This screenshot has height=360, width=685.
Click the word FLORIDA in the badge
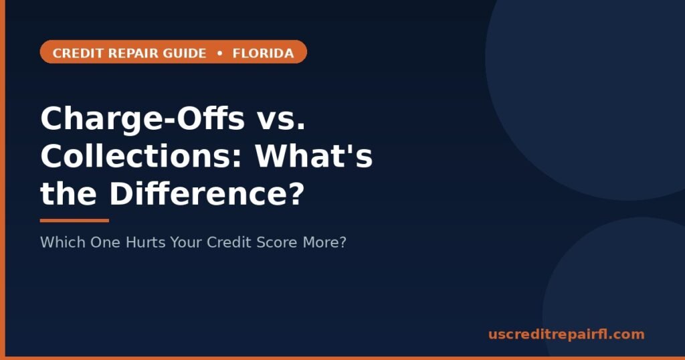pyautogui.click(x=263, y=54)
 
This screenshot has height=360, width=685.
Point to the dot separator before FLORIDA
pyautogui.click(x=219, y=54)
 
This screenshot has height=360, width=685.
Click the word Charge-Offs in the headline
pyautogui.click(x=142, y=120)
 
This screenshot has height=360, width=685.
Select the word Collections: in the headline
pyautogui.click(x=141, y=156)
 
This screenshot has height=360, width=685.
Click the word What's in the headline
pyautogui.click(x=314, y=156)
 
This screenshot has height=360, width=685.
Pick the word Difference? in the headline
pyautogui.click(x=207, y=193)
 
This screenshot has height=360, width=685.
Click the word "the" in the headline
pyautogui.click(x=69, y=193)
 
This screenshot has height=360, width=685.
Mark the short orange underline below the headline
pyautogui.click(x=74, y=221)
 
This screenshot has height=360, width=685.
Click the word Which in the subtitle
pyautogui.click(x=63, y=242)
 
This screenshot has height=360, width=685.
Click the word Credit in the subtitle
pyautogui.click(x=229, y=242)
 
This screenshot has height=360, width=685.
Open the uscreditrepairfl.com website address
pyautogui.click(x=566, y=335)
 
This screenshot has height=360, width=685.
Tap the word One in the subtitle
pyautogui.click(x=106, y=242)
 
